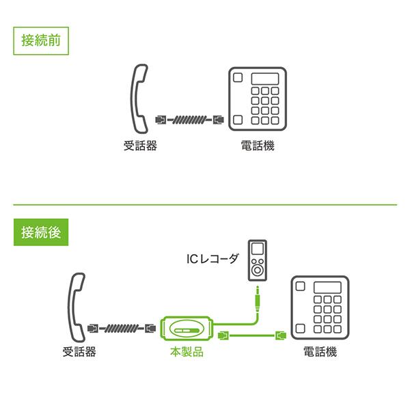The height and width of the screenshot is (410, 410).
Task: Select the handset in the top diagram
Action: coord(139,100)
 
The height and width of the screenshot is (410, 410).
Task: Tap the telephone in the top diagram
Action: coord(254,100)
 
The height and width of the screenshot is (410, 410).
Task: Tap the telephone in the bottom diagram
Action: coord(318,305)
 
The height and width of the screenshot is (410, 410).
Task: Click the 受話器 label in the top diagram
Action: coord(140,146)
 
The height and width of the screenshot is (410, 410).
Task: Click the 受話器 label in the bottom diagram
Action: coord(79,353)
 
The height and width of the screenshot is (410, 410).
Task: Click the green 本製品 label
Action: coord(187,353)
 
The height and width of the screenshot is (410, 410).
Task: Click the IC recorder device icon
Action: coord(258,260)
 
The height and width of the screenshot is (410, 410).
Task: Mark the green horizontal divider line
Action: coord(205,204)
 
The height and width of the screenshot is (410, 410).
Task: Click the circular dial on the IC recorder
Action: coord(258,270)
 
